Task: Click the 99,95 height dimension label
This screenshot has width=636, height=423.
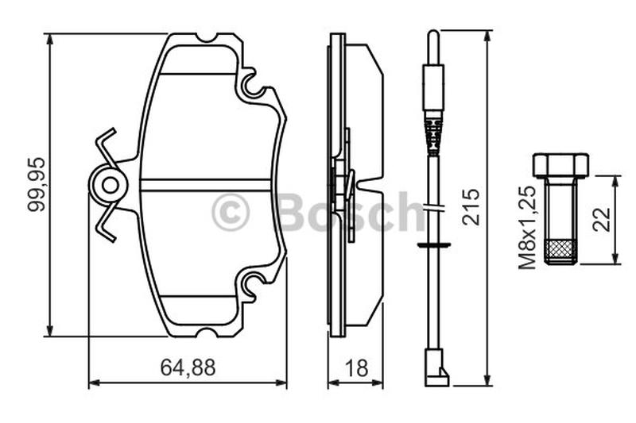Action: [36, 184]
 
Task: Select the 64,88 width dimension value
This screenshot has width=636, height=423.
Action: [188, 367]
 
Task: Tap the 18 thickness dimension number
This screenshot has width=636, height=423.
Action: [356, 368]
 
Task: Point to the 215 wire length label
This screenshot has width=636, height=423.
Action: [471, 206]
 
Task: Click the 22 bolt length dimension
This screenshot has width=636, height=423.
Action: [602, 219]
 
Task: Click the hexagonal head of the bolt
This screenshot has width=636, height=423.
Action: [561, 165]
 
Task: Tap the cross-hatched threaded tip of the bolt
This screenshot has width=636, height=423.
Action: [561, 252]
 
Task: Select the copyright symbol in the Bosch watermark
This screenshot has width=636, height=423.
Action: [231, 212]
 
